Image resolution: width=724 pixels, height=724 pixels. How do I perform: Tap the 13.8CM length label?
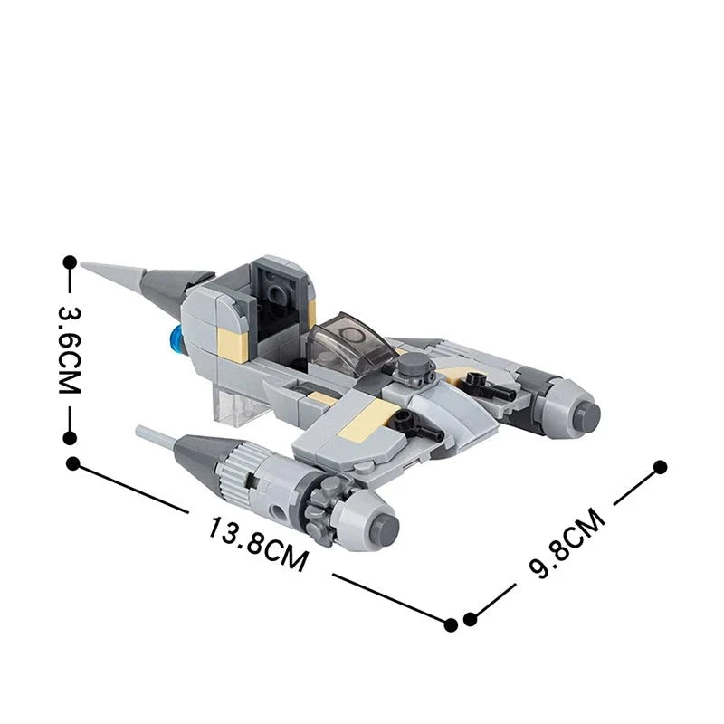pyautogui.click(x=258, y=542)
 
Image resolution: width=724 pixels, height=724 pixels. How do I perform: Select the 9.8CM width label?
pyautogui.click(x=566, y=543)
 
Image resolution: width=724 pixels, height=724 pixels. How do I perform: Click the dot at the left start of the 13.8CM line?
pyautogui.click(x=73, y=463)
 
